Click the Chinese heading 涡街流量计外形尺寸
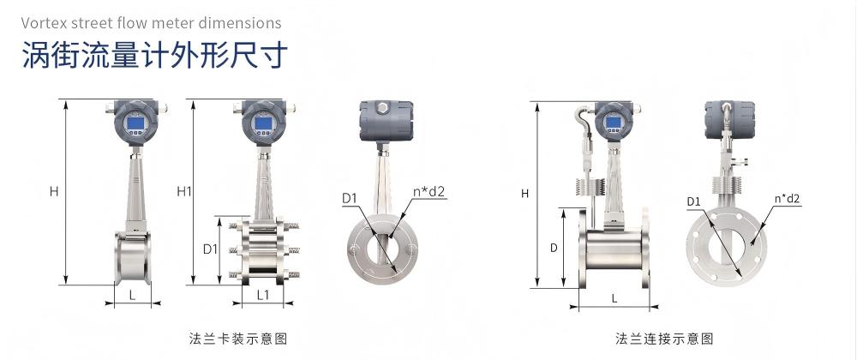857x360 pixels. pos(154,56)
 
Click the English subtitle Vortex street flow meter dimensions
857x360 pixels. pos(152,23)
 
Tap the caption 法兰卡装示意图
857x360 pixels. pos(237,339)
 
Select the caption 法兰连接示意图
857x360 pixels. pos(664,339)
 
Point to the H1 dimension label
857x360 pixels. pos(184,191)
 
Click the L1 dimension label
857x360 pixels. pos(263,295)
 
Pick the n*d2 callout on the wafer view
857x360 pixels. pos(429,192)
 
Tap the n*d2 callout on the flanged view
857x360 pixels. pos(787,199)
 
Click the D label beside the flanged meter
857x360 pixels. pos(554,248)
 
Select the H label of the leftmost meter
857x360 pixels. pos(53,192)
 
